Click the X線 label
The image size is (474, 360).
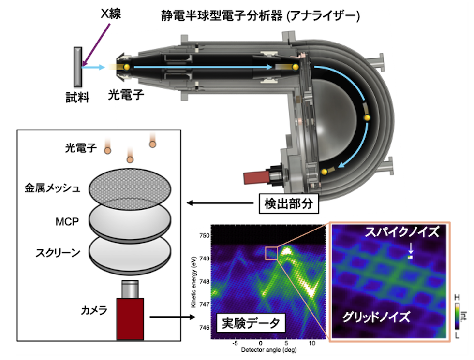click(111, 14)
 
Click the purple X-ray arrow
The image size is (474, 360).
click(96, 44)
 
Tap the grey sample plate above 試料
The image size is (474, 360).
click(78, 67)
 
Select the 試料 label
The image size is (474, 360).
click(78, 97)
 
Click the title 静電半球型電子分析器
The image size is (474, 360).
click(222, 15)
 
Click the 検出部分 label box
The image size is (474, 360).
click(289, 203)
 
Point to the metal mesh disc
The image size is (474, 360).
click(130, 188)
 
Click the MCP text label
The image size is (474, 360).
click(67, 222)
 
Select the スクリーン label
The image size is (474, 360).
click(58, 253)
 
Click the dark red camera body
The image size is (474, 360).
click(130, 318)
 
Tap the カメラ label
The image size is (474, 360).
click(94, 310)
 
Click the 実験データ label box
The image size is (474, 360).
click(251, 323)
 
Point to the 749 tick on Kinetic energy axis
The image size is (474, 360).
click(205, 259)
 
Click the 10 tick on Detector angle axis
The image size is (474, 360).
click(312, 343)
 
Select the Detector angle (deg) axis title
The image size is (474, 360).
click(269, 350)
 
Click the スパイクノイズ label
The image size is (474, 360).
click(402, 232)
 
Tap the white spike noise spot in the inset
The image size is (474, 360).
click(411, 257)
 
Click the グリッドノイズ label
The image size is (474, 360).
click(376, 317)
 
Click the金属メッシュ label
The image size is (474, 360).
click(53, 188)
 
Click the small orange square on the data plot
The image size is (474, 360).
click(271, 253)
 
